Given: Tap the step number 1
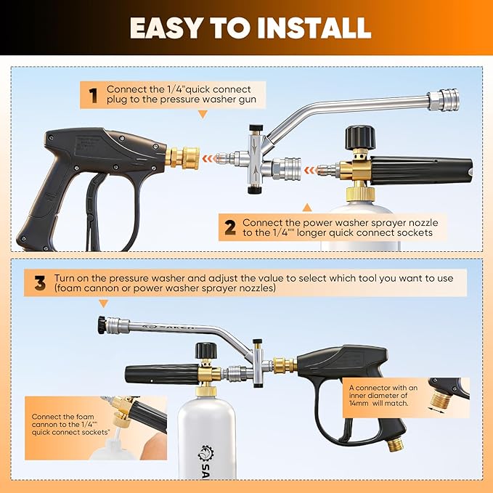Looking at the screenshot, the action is [x=93, y=96].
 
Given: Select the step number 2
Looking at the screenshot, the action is [x=230, y=228].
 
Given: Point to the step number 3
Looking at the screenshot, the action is [x=40, y=283].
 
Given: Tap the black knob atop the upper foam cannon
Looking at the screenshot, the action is [x=360, y=137].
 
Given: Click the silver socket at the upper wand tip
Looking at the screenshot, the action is [x=444, y=100].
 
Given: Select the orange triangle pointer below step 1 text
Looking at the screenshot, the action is [x=203, y=115].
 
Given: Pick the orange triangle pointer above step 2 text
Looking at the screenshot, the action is [x=307, y=207].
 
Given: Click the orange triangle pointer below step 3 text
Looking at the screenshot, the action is [x=103, y=303].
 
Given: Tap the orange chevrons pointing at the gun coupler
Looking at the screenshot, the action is [x=210, y=158].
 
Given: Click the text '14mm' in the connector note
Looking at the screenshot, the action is [x=359, y=403].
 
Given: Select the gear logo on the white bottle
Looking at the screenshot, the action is [x=205, y=453].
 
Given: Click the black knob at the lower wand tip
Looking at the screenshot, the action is [x=102, y=325].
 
